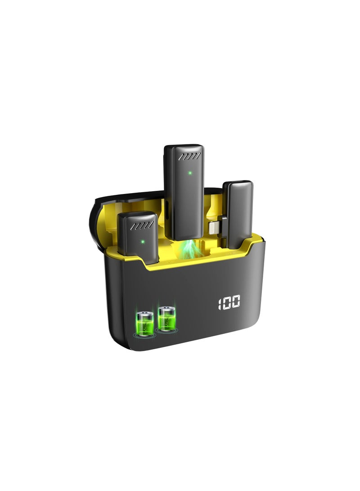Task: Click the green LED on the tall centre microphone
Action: click(x=190, y=172)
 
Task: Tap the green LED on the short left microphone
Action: click(x=143, y=241)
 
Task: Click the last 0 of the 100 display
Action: click(x=236, y=301)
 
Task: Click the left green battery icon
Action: click(x=145, y=323)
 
